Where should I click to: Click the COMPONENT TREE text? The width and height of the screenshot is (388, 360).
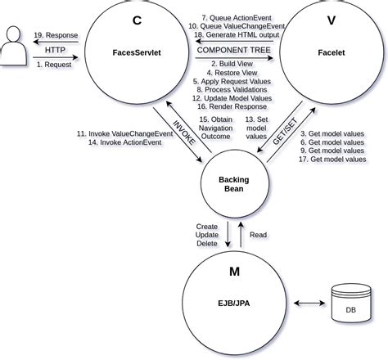tap(232, 51)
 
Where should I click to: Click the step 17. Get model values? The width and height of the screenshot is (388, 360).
tap(332, 159)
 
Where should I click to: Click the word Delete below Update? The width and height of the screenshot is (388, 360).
tap(207, 243)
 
